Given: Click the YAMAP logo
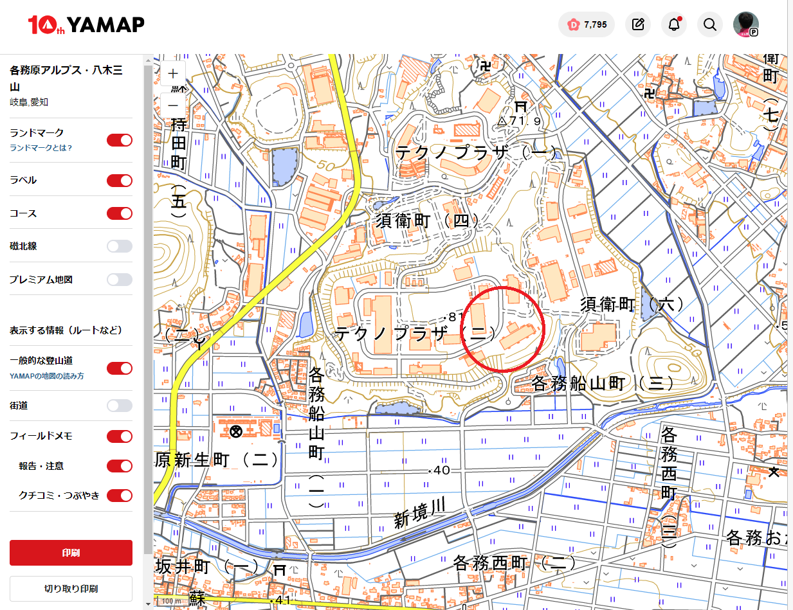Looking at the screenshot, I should [x=86, y=25].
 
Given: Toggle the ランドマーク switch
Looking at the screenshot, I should [x=120, y=140].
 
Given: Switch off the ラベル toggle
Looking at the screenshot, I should [x=120, y=181].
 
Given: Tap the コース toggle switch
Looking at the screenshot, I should [x=120, y=213].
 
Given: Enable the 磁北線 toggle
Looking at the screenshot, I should [x=120, y=246].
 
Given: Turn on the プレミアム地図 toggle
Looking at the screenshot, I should [x=120, y=280].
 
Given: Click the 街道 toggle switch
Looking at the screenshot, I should [x=120, y=406].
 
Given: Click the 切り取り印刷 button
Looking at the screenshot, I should [x=71, y=588].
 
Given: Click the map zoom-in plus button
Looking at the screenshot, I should [x=173, y=73].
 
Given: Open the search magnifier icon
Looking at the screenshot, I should [x=710, y=25].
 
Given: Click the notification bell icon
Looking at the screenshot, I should [x=674, y=25].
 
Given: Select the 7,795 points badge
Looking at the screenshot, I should [x=587, y=25].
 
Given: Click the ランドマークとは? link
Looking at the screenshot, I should [x=41, y=148].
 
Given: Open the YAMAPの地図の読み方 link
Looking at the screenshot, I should [x=47, y=376].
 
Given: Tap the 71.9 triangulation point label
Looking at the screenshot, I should [x=520, y=120].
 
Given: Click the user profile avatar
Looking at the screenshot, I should [x=746, y=25].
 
